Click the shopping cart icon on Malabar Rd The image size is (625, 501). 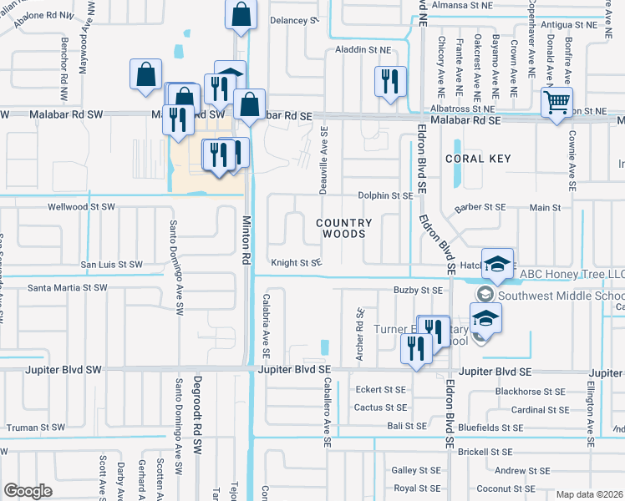[x=556, y=104]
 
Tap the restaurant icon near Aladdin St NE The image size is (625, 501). [x=389, y=82]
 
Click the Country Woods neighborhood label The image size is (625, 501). [x=343, y=228]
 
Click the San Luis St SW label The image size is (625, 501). [x=111, y=265]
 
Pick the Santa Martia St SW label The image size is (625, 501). [x=68, y=287]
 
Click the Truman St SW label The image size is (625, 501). [x=35, y=427]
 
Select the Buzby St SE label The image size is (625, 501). [x=417, y=290]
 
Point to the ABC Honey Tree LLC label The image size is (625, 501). [x=572, y=274]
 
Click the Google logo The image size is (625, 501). [x=28, y=490]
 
